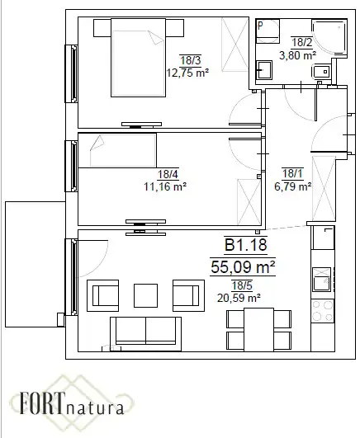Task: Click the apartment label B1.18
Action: coord(246,245)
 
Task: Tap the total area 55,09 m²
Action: coord(243,266)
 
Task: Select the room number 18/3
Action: coord(191,60)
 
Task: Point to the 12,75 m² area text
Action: coord(187,73)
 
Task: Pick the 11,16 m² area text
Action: coord(165,186)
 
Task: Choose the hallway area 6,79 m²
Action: coord(293,186)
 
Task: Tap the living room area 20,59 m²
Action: coord(239,298)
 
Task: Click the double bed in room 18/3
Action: coord(139,58)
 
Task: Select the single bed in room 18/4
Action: coord(117,151)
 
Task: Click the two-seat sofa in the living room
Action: coord(145,334)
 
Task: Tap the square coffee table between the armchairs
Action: coord(145,295)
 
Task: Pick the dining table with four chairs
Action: coord(258,330)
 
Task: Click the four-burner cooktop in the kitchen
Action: coord(323,311)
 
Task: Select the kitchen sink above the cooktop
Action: coord(322,280)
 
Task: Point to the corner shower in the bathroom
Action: coord(329,37)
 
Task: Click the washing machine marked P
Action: coord(268,31)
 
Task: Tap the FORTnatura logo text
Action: coord(72,404)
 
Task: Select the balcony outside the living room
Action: coord(36,264)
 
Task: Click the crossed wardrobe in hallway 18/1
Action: coord(324,189)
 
